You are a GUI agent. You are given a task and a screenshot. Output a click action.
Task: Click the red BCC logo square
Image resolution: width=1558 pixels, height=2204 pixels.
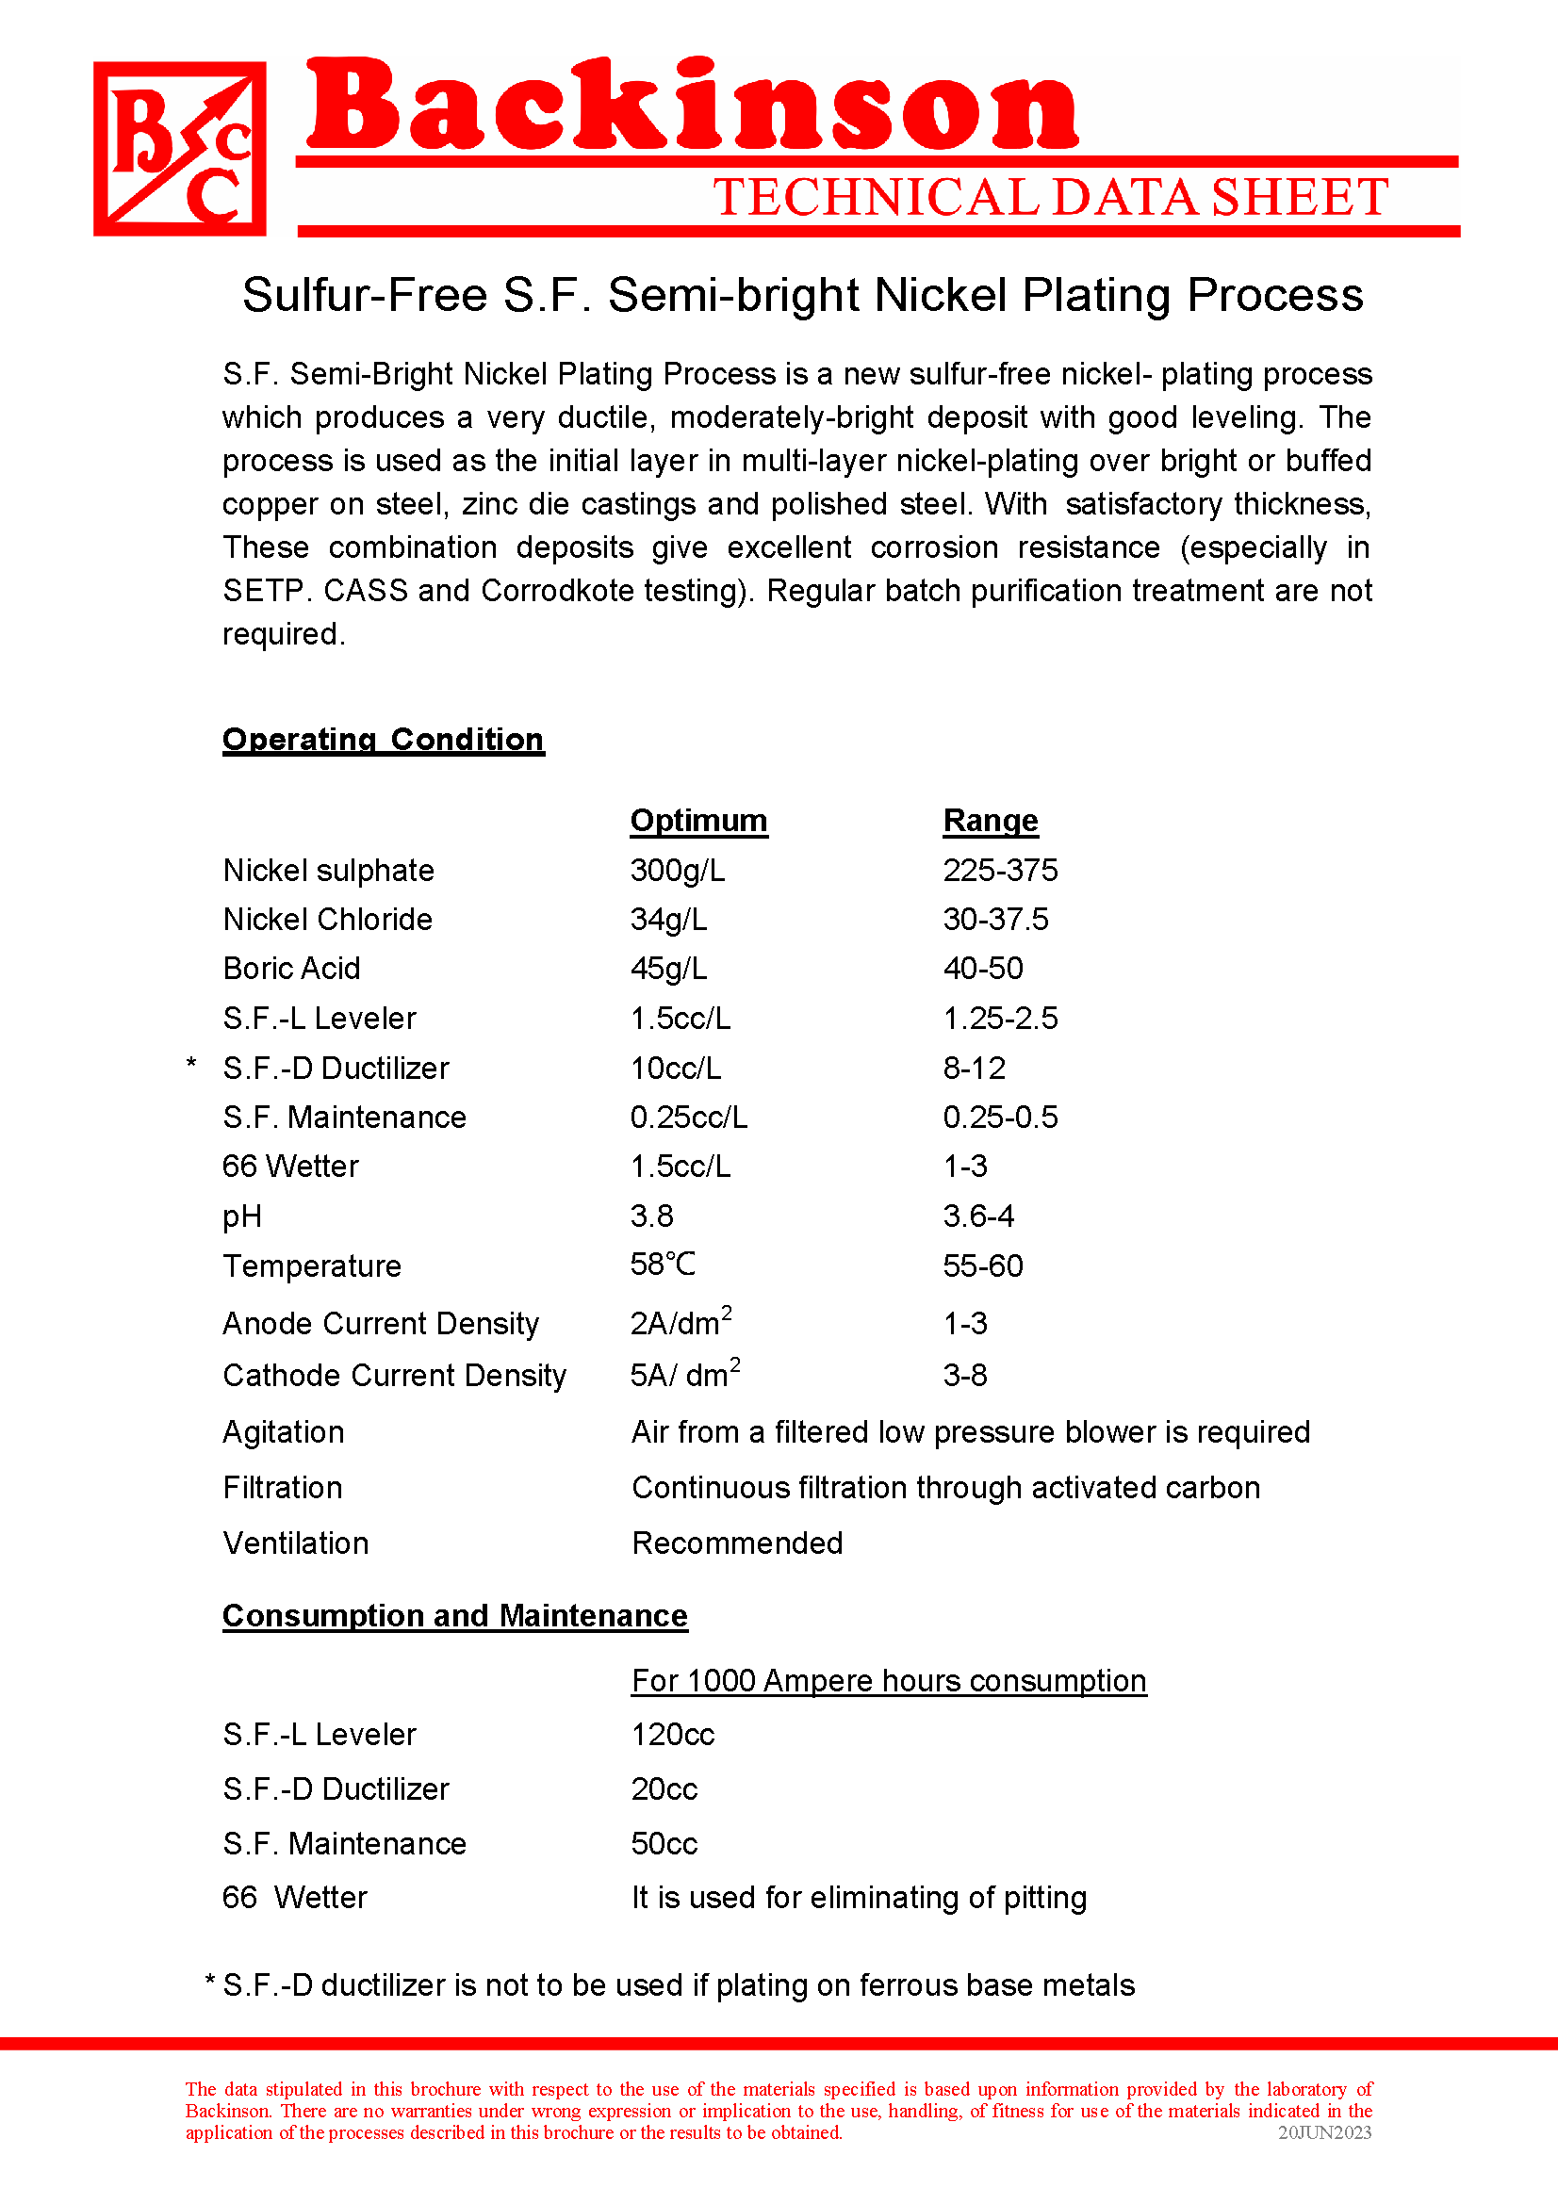point(179,149)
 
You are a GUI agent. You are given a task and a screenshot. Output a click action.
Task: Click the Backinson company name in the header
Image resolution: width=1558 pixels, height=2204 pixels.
point(691,106)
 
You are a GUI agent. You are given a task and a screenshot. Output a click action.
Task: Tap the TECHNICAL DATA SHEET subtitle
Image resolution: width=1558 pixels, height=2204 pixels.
point(1050,198)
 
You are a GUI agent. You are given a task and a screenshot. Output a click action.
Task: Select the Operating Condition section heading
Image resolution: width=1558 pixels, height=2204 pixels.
point(383,739)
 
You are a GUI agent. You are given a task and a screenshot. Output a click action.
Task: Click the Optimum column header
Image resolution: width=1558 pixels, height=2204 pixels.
point(697,821)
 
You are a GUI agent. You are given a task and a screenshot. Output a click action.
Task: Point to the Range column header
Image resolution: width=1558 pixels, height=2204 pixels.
point(990,821)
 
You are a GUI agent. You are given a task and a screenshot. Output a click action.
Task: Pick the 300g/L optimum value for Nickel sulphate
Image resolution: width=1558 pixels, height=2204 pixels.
point(677,871)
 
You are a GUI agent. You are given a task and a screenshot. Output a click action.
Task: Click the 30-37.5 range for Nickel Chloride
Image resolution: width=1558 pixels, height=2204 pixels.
point(995,920)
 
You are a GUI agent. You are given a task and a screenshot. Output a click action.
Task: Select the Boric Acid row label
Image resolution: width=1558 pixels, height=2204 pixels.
point(291,969)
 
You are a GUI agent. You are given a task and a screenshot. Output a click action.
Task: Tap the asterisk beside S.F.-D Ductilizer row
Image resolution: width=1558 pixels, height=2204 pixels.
point(192,1065)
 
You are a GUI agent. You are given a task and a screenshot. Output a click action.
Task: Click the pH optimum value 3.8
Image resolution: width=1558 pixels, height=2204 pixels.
point(651,1216)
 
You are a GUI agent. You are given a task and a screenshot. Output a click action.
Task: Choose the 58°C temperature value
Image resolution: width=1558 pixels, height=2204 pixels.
point(663,1265)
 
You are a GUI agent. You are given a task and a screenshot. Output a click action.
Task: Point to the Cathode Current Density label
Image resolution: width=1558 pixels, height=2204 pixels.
point(395,1376)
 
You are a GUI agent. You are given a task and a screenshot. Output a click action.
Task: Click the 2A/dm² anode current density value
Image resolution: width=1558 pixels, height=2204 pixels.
point(681,1322)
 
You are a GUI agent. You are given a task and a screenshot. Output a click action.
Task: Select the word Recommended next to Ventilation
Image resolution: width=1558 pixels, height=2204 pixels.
point(737,1543)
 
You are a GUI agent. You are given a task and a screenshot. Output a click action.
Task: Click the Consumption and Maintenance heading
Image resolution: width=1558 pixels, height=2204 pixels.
point(455,1617)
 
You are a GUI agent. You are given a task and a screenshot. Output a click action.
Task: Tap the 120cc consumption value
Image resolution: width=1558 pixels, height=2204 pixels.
point(673,1735)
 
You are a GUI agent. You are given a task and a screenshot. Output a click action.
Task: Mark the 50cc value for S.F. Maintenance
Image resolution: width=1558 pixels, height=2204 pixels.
point(664,1844)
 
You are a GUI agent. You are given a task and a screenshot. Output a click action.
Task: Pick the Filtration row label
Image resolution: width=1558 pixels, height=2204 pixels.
point(282,1488)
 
